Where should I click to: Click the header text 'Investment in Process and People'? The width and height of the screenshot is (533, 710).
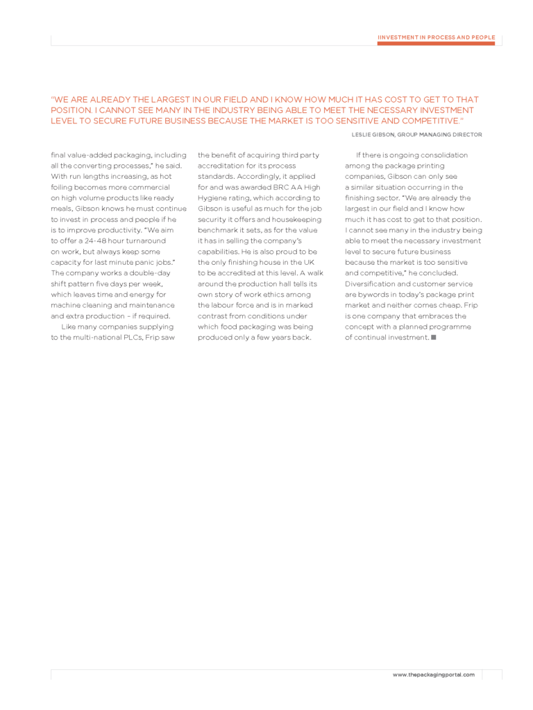436,37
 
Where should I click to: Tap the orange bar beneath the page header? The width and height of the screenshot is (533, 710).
436,43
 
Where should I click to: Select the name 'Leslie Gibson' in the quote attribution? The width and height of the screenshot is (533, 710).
373,135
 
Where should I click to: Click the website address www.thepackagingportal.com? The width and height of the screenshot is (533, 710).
434,675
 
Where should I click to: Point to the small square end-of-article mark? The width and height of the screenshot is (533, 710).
433,337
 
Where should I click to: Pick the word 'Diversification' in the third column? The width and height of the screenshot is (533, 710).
369,284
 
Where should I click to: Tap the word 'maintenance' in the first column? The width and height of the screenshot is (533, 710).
153,305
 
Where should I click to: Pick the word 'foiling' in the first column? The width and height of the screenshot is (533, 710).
63,187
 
